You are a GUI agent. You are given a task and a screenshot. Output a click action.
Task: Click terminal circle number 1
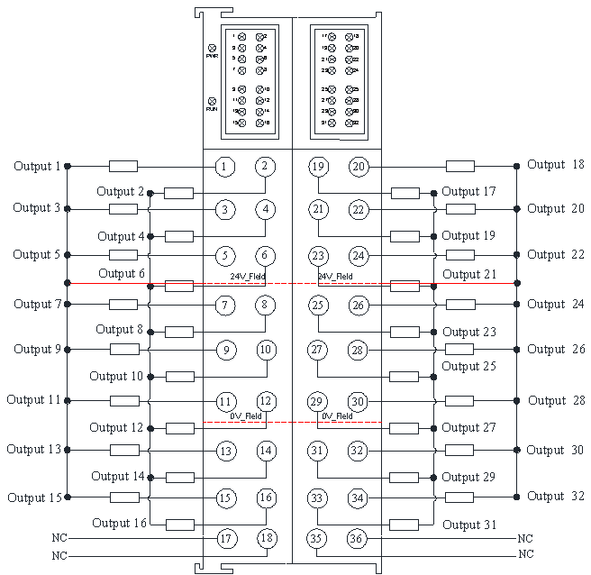tap(225, 167)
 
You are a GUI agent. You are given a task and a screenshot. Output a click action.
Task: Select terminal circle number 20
tap(359, 167)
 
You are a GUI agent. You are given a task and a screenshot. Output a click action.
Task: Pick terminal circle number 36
tap(358, 539)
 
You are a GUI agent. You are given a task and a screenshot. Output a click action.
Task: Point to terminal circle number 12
tap(265, 401)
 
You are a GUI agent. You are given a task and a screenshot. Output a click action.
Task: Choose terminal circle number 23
tap(317, 255)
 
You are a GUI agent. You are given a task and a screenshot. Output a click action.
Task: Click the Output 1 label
tap(37, 167)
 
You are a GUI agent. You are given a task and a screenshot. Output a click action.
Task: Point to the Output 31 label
tap(469, 525)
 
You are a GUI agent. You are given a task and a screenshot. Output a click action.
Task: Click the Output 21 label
tap(469, 274)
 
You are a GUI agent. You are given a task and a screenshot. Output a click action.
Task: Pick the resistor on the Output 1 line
tap(123, 167)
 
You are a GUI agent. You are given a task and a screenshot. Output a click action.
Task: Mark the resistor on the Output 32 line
tap(460, 497)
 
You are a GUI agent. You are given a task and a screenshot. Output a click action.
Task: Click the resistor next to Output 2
tap(178, 193)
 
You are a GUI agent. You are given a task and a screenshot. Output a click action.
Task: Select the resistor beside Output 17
tap(405, 193)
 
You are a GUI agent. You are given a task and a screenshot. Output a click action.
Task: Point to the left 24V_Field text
tap(245, 276)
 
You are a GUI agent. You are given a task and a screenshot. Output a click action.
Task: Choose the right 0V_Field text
tap(337, 415)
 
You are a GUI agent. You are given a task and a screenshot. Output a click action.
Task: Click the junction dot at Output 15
tap(68, 497)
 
